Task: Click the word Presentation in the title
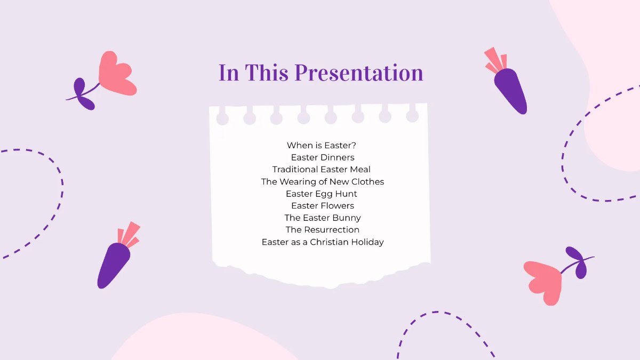(359, 73)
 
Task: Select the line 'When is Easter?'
(322, 145)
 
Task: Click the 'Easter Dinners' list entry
(323, 157)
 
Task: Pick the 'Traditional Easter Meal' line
(322, 170)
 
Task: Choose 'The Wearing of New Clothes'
(323, 182)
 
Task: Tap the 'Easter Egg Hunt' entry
(322, 194)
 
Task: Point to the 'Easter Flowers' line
(323, 206)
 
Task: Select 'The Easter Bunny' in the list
(323, 218)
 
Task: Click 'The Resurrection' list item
(323, 230)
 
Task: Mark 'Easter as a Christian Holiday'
(323, 242)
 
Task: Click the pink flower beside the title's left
(116, 75)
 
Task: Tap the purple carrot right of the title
(510, 91)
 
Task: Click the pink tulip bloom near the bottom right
(544, 280)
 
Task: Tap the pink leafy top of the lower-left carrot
(129, 235)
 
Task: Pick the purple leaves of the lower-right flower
(578, 261)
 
